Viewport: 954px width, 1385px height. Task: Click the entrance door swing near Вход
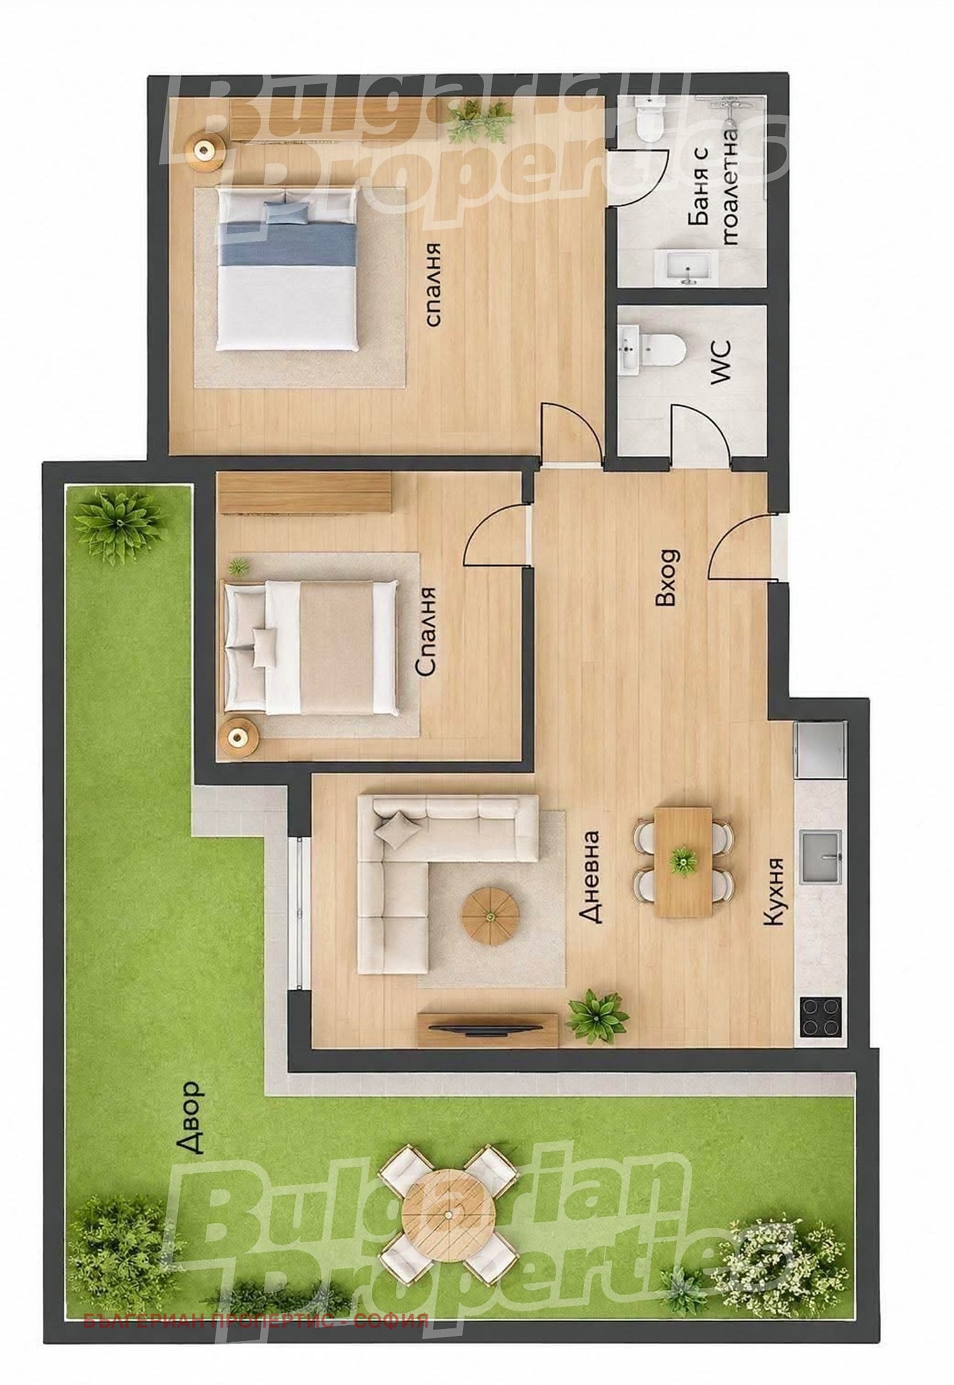[x=741, y=547]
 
